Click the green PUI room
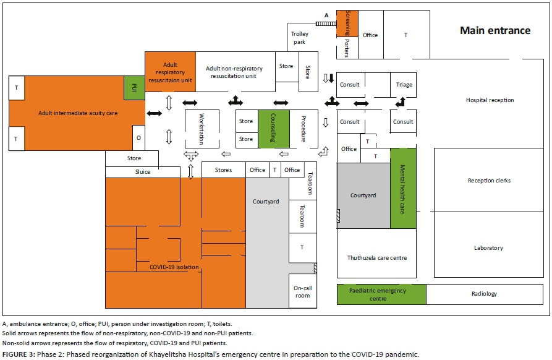[x=134, y=88]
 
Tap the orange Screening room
[x=347, y=23]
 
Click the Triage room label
[x=404, y=85]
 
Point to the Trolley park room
[x=300, y=38]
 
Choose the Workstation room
[x=201, y=128]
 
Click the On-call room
[x=302, y=291]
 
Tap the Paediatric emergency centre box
[x=381, y=294]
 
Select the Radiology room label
[x=483, y=294]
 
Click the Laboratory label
[x=488, y=248]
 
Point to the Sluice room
[x=134, y=172]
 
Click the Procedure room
[x=304, y=129]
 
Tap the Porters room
[x=347, y=48]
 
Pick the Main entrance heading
[x=495, y=30]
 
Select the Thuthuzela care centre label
[x=376, y=257]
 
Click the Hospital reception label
[x=490, y=100]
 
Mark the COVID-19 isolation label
[x=174, y=267]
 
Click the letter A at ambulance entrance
[x=326, y=15]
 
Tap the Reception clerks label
[x=489, y=181]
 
